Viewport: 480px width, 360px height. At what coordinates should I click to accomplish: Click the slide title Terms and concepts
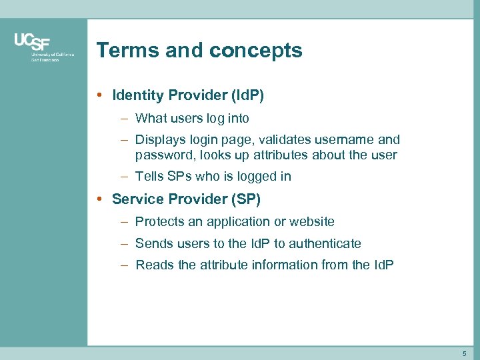tap(199, 51)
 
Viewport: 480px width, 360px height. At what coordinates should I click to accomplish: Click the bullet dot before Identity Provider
tap(99, 95)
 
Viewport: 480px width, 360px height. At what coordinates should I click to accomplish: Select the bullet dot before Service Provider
tap(99, 199)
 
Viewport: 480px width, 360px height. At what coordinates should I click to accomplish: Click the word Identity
tap(138, 95)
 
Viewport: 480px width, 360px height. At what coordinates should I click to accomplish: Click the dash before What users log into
tap(125, 119)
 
